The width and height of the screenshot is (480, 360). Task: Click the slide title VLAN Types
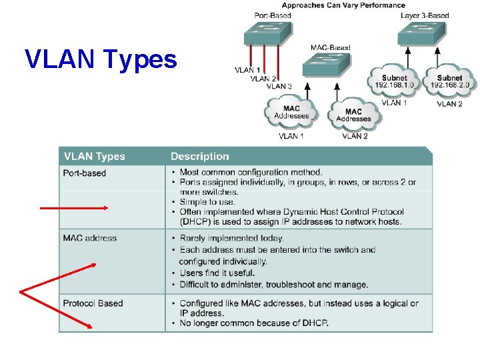point(101,59)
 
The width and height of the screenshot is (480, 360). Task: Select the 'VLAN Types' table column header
point(94,157)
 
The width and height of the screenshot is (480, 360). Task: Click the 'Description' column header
point(199,157)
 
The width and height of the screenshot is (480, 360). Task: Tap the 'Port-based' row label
point(84,173)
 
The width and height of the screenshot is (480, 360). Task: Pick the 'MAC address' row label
point(89,238)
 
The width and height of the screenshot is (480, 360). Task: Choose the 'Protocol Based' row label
point(93,303)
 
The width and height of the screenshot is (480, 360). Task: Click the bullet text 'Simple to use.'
point(207,202)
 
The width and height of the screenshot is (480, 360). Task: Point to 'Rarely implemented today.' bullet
point(231,238)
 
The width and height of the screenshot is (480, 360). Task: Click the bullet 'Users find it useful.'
point(217,273)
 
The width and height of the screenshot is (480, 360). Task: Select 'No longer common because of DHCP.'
point(254,323)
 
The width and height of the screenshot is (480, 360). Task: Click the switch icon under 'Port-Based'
point(267,34)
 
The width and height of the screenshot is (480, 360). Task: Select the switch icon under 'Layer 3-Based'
point(421,34)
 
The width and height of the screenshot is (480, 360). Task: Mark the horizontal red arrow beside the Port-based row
point(73,208)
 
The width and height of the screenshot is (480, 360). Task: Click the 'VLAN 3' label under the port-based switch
point(279,86)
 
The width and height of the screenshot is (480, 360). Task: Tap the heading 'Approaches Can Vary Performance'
point(353,5)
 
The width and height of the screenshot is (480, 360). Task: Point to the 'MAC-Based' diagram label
point(330,48)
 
